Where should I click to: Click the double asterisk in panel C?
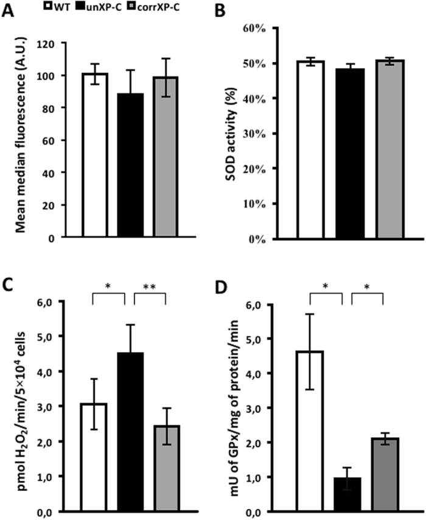[149, 285]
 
